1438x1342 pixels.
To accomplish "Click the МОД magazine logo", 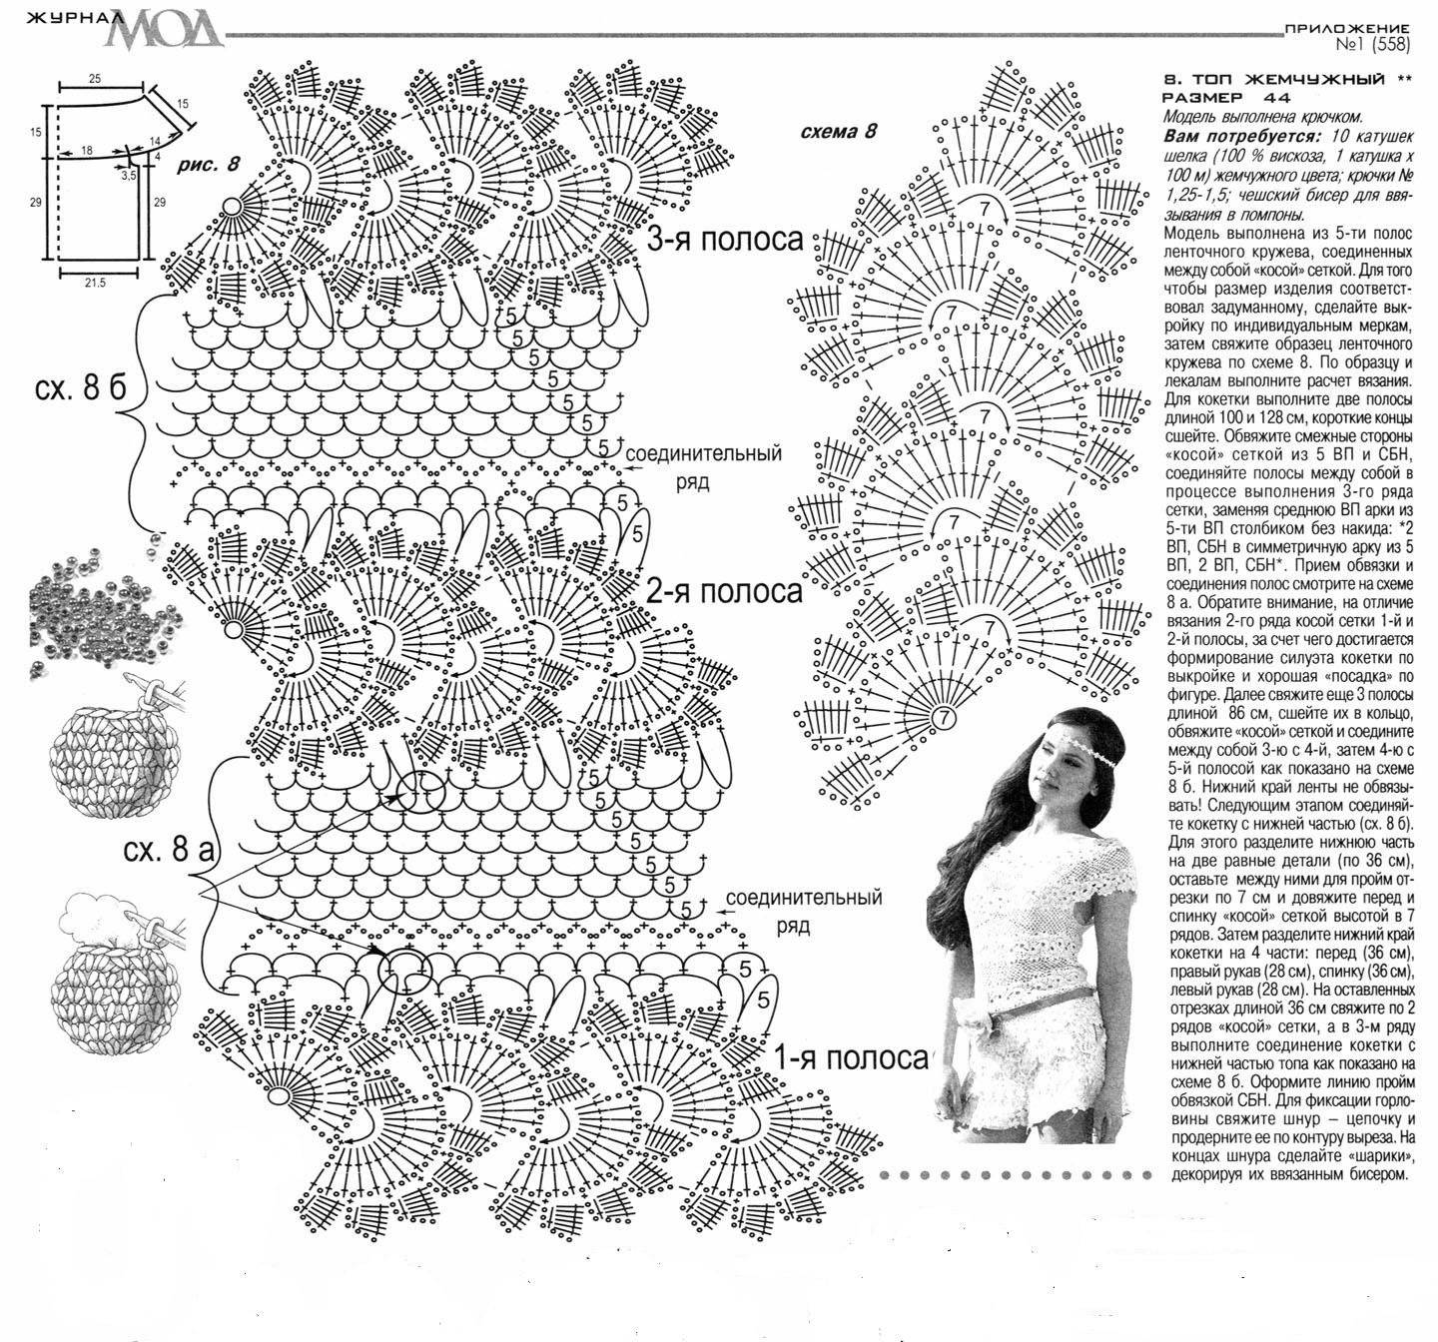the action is (x=168, y=30).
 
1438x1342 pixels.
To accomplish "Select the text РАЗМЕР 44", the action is (x=1226, y=97).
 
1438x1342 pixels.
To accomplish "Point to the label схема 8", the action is (x=838, y=131).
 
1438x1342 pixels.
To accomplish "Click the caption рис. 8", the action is (x=208, y=165).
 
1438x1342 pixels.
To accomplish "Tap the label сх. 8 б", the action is (x=80, y=388).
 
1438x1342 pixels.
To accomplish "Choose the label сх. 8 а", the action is (x=169, y=850).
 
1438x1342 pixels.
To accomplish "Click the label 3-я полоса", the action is (x=725, y=239).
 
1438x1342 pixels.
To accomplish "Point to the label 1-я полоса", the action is (x=852, y=1058).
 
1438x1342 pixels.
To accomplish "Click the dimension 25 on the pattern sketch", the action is (x=95, y=79).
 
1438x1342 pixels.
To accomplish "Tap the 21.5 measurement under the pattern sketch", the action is (x=95, y=284).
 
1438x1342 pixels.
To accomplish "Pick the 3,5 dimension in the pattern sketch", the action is (x=128, y=176).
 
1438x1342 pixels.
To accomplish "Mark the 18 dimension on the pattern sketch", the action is (x=87, y=151).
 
